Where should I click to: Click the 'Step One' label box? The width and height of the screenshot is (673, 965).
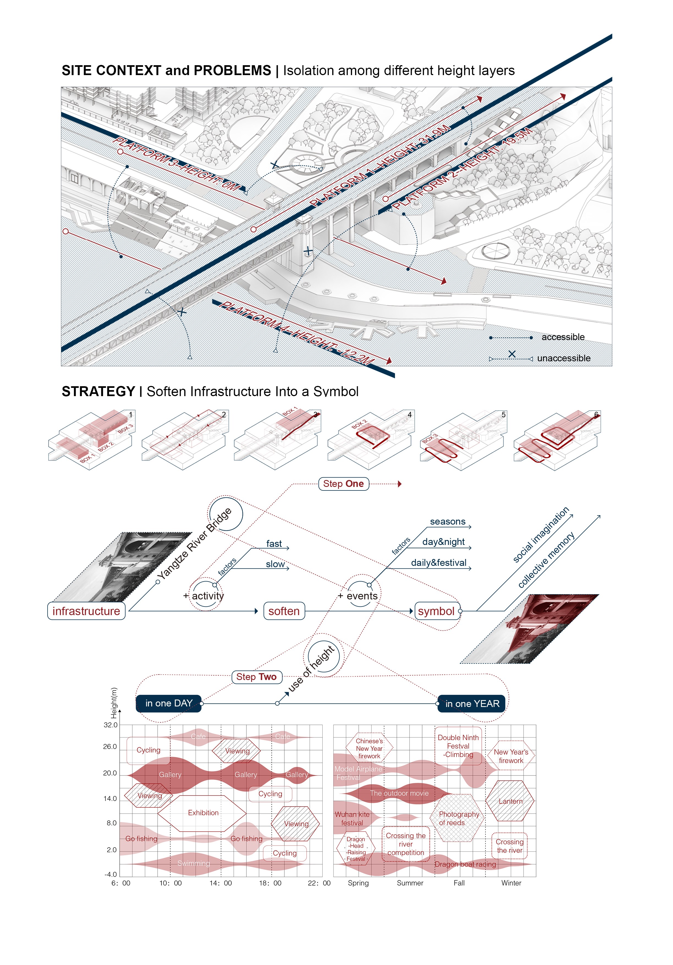[x=343, y=484]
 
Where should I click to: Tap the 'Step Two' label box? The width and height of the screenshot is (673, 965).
[x=256, y=677]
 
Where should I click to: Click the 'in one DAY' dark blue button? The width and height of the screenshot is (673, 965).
[x=169, y=703]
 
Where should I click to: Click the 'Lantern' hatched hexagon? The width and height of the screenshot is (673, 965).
[x=510, y=801]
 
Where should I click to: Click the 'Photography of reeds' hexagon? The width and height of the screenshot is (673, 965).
[x=457, y=818]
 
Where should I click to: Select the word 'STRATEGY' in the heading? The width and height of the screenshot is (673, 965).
[x=98, y=391]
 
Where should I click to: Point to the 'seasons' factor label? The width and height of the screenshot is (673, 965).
[x=447, y=522]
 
